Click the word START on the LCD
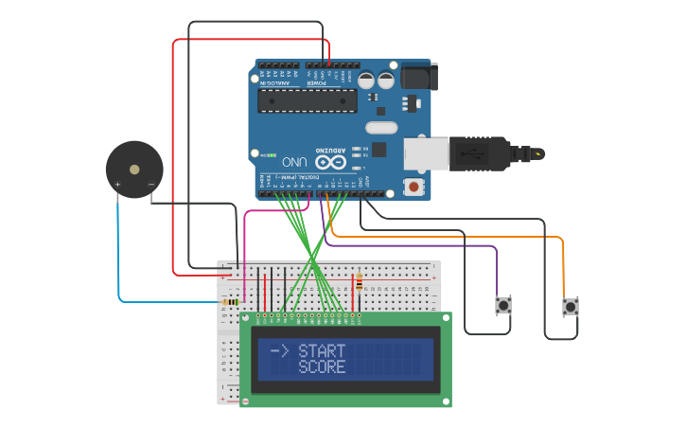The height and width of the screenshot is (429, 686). click(322, 351)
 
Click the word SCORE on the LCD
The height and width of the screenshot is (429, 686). click(322, 366)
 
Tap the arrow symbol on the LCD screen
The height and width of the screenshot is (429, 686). click(279, 351)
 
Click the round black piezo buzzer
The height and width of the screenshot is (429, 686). click(134, 170)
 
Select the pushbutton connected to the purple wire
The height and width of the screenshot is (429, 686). click(503, 305)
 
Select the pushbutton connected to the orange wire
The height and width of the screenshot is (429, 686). click(570, 306)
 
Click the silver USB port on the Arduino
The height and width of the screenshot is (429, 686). click(426, 153)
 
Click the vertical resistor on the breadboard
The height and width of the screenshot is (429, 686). click(359, 281)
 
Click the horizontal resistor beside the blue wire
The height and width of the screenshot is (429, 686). click(230, 302)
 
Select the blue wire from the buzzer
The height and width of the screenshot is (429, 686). click(119, 256)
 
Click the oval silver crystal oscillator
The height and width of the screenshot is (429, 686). click(381, 128)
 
